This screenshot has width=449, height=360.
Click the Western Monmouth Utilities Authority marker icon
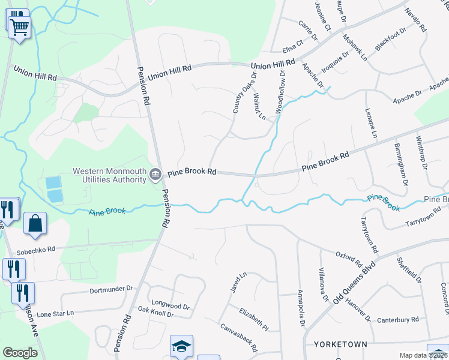pos(155,175)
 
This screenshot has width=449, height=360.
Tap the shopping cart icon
pos(19,26)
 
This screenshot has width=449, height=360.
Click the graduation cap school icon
pos(181,347)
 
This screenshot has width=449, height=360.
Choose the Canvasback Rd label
pos(239,338)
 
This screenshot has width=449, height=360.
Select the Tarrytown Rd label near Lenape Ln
pos(369,235)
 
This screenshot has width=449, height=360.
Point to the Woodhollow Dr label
pos(279,92)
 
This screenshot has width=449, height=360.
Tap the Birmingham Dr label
pos(400,163)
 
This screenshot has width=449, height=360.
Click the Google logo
pos(20,353)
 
